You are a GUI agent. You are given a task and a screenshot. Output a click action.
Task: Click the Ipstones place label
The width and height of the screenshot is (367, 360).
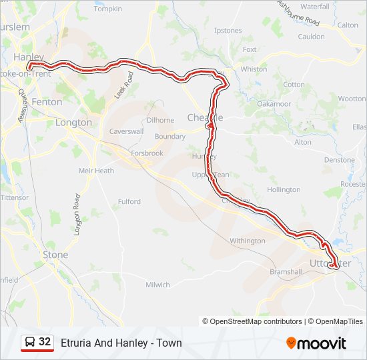pos(228,30)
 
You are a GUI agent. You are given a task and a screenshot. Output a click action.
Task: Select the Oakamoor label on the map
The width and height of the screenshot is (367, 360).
pos(274,104)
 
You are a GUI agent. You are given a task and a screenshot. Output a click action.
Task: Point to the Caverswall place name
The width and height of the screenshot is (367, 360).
pos(127,131)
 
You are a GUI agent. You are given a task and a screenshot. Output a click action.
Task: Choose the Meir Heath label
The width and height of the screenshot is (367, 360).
pos(96,171)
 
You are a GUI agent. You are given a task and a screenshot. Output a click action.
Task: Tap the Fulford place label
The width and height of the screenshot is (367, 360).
pos(129,201)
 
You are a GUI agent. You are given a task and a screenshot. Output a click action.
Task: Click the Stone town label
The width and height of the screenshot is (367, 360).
pos(55,255)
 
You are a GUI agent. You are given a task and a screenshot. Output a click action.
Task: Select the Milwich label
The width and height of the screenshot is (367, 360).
pos(157,285)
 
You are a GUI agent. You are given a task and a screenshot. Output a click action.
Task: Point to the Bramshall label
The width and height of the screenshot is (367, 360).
pos(286,272)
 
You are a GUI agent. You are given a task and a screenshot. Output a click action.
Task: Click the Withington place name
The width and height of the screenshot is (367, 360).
pos(247,241)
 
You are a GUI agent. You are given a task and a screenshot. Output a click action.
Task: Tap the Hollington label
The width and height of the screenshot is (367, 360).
pos(284,189)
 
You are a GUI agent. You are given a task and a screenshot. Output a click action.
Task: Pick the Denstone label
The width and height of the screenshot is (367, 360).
pos(340,160)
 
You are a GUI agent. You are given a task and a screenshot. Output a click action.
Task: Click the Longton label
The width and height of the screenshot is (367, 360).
pos(73,123)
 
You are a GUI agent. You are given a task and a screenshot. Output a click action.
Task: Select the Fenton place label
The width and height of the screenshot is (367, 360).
pos(47,102)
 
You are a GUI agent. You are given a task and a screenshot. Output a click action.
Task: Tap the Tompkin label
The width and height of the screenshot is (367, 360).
pos(108,9)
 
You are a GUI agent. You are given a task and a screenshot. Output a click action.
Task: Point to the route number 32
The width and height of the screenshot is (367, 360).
pos(45,342)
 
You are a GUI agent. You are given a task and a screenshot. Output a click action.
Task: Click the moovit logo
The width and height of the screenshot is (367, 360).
pos(316,343)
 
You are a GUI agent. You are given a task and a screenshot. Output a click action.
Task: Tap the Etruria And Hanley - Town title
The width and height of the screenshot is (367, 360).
pos(121,343)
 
